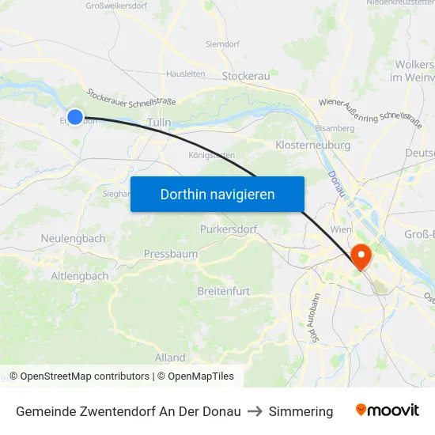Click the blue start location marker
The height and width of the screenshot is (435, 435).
(x=75, y=117)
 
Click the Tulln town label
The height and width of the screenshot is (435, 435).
(x=159, y=123)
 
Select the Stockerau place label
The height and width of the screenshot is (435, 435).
(x=246, y=76)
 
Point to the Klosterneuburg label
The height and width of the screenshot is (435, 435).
(x=312, y=146)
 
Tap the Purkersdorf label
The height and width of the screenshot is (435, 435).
(x=229, y=229)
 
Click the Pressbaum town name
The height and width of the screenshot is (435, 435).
(x=170, y=254)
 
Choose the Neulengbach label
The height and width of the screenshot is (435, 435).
(x=73, y=238)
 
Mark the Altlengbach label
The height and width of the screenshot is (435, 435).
(x=79, y=276)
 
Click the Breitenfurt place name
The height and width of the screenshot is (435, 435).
(x=223, y=291)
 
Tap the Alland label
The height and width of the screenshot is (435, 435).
(x=170, y=358)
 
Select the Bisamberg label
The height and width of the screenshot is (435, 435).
(x=335, y=127)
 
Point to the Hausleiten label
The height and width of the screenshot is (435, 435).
(x=185, y=74)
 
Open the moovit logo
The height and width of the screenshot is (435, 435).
(x=387, y=410)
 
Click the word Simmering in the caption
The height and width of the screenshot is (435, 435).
(x=301, y=411)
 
